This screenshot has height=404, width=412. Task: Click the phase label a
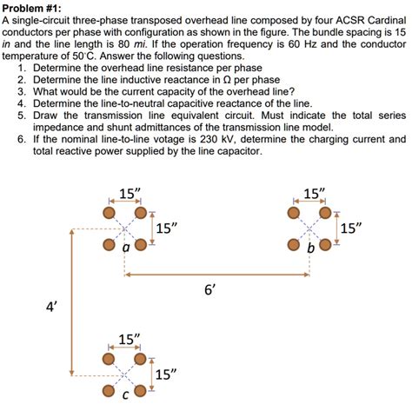[127, 248]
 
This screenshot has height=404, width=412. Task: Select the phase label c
[126, 396]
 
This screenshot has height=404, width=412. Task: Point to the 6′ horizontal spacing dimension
[209, 291]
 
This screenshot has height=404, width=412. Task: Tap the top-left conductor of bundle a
[109, 212]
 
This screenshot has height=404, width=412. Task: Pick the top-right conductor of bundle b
[326, 212]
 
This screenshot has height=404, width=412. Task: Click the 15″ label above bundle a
[128, 193]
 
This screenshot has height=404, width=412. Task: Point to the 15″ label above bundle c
[128, 339]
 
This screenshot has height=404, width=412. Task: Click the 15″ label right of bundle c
[166, 374]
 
